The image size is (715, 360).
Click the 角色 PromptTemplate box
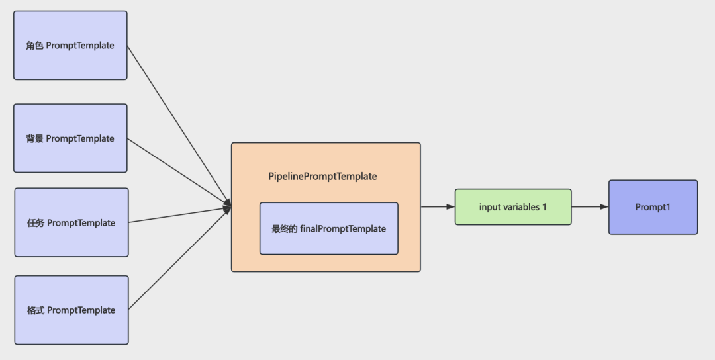pyautogui.click(x=70, y=46)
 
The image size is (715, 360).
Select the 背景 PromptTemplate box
pyautogui.click(x=70, y=138)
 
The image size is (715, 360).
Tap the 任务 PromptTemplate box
pyautogui.click(x=71, y=222)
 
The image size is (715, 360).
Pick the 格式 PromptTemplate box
pyautogui.click(x=71, y=310)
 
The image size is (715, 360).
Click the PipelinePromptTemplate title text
pyautogui.click(x=323, y=176)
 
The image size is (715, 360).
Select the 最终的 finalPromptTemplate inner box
pyautogui.click(x=329, y=228)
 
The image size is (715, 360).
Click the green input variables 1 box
pyautogui.click(x=513, y=207)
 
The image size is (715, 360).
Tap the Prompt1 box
pyautogui.click(x=653, y=207)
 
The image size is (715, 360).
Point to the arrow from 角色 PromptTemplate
pyautogui.click(x=179, y=126)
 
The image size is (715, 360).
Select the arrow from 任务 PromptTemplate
pyautogui.click(x=180, y=215)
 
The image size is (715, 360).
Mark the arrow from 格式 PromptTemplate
pyautogui.click(x=180, y=258)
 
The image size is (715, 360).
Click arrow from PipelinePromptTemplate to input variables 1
pyautogui.click(x=438, y=207)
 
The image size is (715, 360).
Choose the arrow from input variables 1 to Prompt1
pyautogui.click(x=590, y=207)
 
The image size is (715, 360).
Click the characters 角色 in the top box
pyautogui.click(x=34, y=46)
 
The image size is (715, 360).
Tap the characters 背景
pyautogui.click(x=34, y=138)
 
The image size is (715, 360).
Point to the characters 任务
pyautogui.click(x=36, y=223)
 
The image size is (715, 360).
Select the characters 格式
pyautogui.click(x=36, y=310)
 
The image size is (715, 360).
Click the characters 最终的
pyautogui.click(x=285, y=229)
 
